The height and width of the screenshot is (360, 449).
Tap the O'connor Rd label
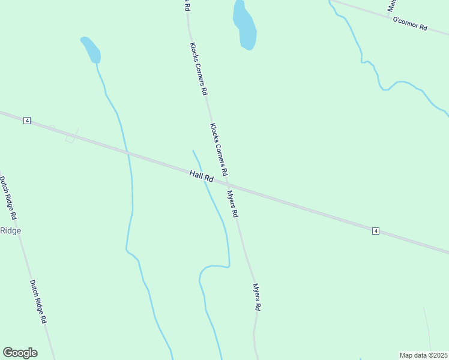[409, 24]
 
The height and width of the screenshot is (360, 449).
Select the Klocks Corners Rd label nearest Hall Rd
[218, 149]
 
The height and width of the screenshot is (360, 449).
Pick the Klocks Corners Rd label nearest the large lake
[199, 69]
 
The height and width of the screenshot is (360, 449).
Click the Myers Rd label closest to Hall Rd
[232, 204]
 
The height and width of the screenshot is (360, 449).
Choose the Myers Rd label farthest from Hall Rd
[256, 296]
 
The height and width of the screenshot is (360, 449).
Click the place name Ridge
[10, 230]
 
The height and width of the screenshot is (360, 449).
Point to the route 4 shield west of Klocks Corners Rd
[27, 121]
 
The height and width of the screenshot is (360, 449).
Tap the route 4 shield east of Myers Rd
[376, 231]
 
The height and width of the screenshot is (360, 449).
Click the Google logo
[20, 353]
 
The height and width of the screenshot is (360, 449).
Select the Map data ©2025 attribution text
[424, 355]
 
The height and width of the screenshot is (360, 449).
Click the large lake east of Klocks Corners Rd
[245, 25]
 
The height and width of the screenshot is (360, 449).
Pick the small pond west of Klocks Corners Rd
[91, 49]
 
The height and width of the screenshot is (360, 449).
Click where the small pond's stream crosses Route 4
[128, 154]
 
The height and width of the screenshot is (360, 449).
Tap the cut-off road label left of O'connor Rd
[391, 5]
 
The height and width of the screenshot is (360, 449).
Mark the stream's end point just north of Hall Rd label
[193, 151]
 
